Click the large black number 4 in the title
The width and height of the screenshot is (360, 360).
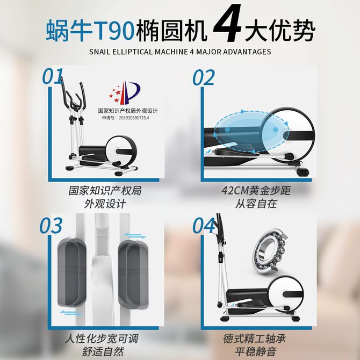click(227, 23)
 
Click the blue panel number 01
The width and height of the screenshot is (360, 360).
click(53, 76)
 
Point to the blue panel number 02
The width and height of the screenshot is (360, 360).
click(204, 78)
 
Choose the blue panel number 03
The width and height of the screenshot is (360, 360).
click(51, 226)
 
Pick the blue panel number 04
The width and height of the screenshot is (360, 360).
click(204, 226)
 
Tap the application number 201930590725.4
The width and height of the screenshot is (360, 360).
click(134, 118)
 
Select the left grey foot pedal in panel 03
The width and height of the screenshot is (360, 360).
click(71, 272)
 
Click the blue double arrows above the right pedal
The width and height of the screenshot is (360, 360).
click(135, 236)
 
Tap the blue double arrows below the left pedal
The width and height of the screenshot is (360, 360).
click(71, 313)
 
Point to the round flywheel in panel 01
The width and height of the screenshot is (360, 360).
click(121, 152)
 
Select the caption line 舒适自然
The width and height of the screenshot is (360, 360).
click(103, 351)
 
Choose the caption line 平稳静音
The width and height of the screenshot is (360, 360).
click(255, 351)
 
